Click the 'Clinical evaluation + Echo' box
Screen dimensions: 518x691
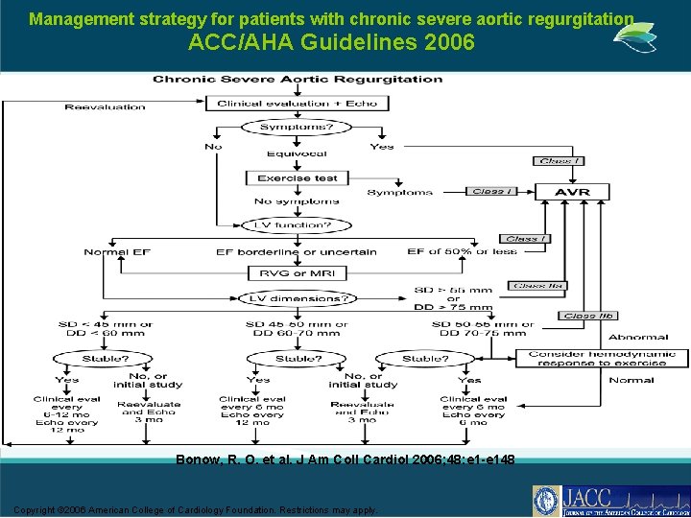pyautogui.click(x=298, y=103)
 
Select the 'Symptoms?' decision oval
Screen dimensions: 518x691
pyautogui.click(x=298, y=127)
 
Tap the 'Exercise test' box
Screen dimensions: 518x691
pyautogui.click(x=298, y=177)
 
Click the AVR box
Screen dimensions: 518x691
pyautogui.click(x=573, y=192)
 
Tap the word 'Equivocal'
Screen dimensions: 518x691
pyautogui.click(x=298, y=153)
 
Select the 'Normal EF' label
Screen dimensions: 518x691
pyautogui.click(x=118, y=252)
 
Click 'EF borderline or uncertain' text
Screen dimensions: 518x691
pyautogui.click(x=297, y=252)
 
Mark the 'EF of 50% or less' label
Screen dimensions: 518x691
pyautogui.click(x=462, y=251)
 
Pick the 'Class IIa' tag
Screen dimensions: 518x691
pyautogui.click(x=540, y=285)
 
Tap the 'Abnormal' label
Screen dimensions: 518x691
pyautogui.click(x=638, y=337)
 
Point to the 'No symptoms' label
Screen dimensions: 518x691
pyautogui.click(x=297, y=201)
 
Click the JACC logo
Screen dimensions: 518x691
pyautogui.click(x=609, y=501)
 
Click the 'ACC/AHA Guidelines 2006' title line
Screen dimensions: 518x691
pyautogui.click(x=331, y=42)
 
